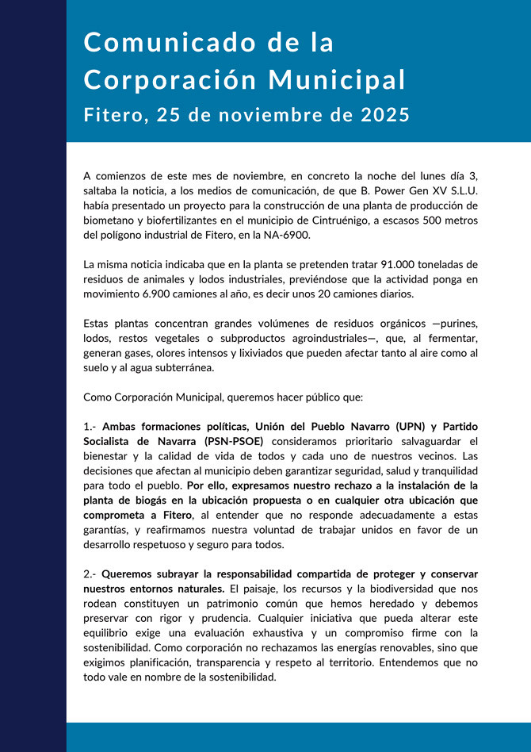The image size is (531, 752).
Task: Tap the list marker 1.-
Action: (90, 426)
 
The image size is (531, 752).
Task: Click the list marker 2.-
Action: (90, 573)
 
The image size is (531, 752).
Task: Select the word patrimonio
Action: (184, 603)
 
